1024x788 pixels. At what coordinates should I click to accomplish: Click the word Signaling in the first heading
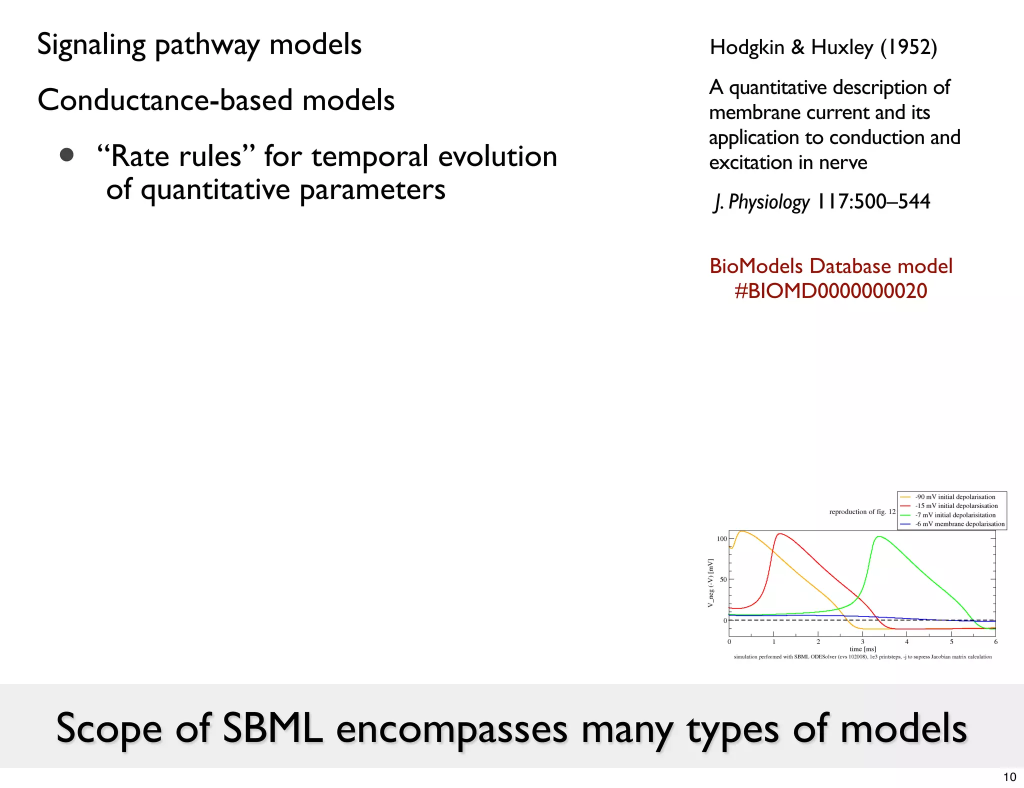tap(91, 45)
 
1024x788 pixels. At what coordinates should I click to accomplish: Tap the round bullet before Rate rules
tap(66, 155)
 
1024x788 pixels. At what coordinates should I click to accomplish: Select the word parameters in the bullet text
tap(372, 190)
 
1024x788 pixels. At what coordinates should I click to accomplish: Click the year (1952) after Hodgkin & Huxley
tap(908, 47)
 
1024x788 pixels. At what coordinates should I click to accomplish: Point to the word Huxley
tap(842, 47)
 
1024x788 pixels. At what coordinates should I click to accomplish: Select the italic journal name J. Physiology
tap(761, 202)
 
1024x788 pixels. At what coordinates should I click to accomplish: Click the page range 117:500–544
tap(873, 202)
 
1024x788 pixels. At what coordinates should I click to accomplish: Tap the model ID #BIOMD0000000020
tap(830, 291)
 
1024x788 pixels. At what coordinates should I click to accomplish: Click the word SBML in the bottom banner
tap(272, 728)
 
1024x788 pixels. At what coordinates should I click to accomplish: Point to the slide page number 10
tap(1009, 777)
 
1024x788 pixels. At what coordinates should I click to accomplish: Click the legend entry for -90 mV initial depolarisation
tap(954, 497)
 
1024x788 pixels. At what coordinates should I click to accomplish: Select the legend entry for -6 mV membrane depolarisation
tap(959, 524)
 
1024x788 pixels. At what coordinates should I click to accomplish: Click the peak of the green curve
tap(879, 536)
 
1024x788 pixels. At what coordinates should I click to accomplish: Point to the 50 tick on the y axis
tap(723, 579)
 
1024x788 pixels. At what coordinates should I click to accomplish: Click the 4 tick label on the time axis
tap(906, 641)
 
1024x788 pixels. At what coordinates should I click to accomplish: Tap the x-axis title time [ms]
tap(862, 649)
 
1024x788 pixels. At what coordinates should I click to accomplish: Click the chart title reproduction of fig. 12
tap(862, 511)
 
